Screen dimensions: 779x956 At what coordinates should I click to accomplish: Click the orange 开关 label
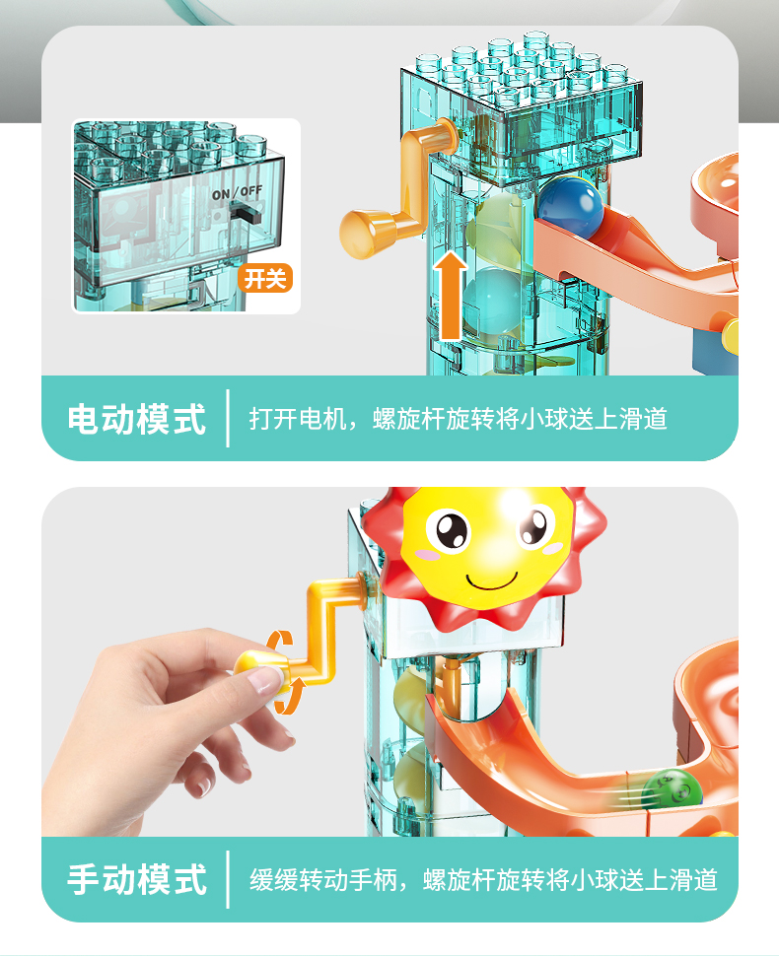265,279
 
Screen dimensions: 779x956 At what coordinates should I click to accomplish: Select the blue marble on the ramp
570,207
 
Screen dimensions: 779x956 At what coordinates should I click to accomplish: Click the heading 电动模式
137,420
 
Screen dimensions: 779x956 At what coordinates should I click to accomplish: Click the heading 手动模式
137,880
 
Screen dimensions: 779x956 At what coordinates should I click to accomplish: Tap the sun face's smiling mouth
492,582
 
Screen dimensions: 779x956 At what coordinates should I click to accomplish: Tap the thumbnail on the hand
266,681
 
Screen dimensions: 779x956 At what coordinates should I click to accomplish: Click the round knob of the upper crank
362,234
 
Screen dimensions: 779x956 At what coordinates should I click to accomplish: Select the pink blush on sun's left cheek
426,554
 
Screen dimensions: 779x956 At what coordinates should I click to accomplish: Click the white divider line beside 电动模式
228,418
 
